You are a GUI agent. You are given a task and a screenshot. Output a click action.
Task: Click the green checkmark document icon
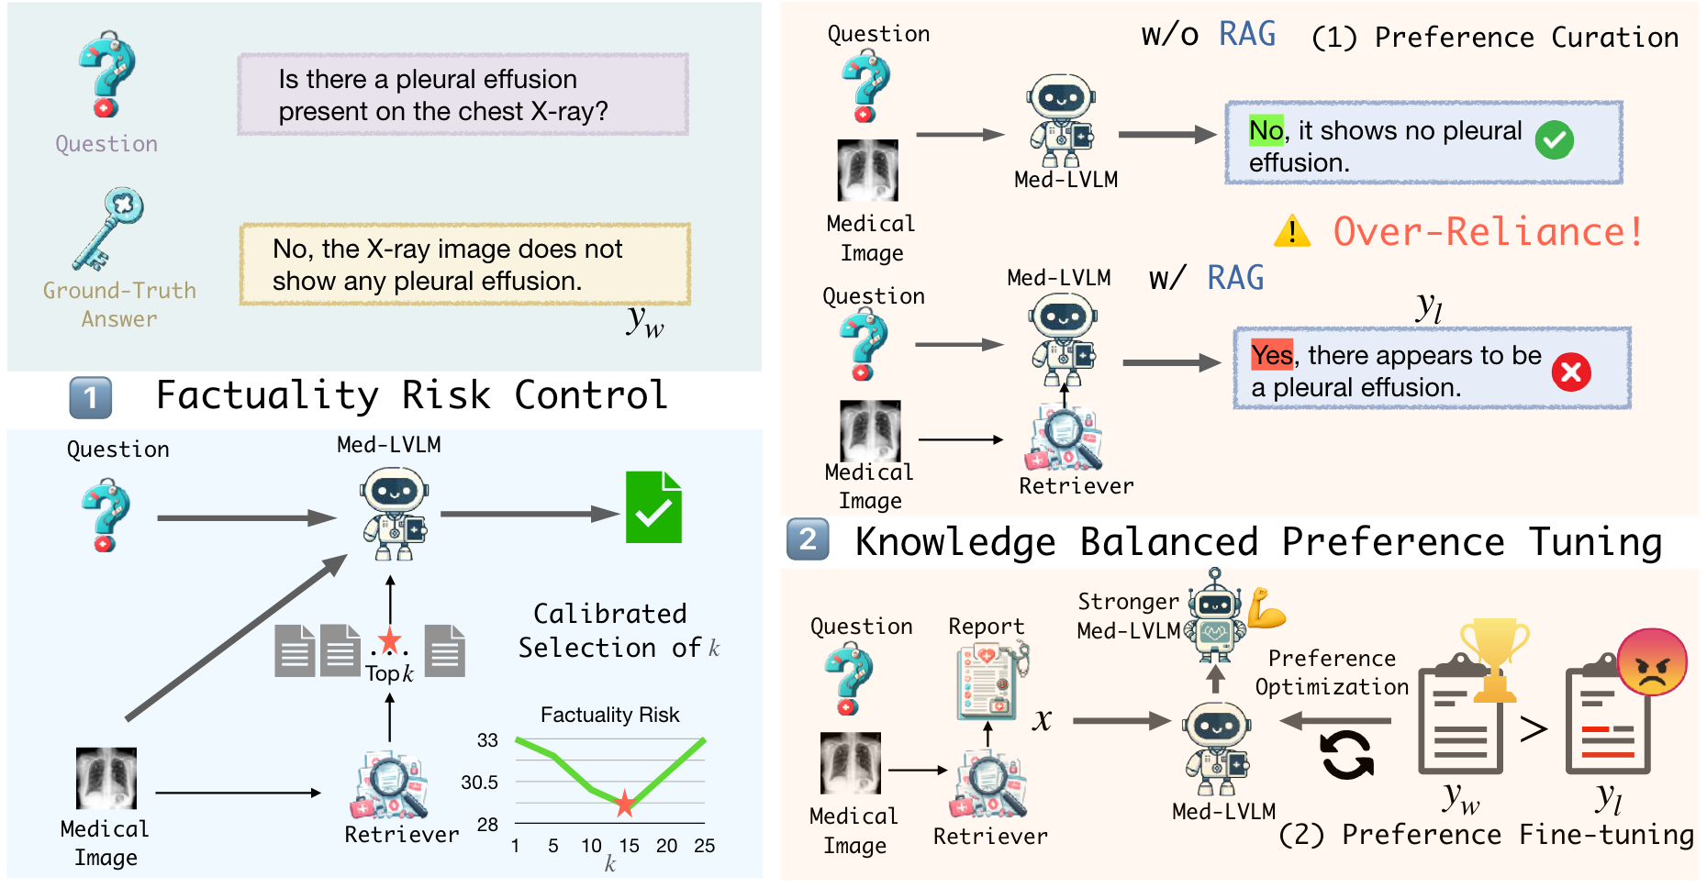click(x=653, y=507)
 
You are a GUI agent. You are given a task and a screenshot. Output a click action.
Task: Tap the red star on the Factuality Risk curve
click(x=625, y=804)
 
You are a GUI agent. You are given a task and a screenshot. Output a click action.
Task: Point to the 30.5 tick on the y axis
click(x=479, y=783)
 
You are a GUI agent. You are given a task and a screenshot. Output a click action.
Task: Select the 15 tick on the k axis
click(x=629, y=846)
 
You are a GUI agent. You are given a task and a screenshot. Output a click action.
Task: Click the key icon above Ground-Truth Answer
click(x=108, y=229)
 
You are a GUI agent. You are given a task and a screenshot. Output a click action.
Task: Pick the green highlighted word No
click(x=1266, y=130)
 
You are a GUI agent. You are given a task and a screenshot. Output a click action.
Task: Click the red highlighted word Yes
click(x=1272, y=354)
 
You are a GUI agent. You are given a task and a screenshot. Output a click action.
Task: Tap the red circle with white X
click(x=1571, y=372)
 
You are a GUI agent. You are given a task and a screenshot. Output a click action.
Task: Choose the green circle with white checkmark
click(x=1555, y=139)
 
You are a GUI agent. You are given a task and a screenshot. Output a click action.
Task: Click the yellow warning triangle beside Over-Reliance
click(x=1292, y=231)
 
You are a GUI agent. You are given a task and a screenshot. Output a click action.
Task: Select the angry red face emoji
click(x=1652, y=662)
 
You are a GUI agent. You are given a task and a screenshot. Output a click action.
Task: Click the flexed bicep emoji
click(x=1266, y=608)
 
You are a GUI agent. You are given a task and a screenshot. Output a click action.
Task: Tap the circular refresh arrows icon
click(x=1347, y=755)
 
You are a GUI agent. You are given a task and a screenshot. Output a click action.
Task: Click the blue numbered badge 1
click(x=91, y=397)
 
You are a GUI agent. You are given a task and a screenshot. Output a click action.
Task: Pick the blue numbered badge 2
click(x=808, y=539)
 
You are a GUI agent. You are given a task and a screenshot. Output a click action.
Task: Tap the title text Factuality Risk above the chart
click(x=609, y=715)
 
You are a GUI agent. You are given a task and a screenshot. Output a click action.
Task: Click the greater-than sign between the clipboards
click(x=1534, y=729)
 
